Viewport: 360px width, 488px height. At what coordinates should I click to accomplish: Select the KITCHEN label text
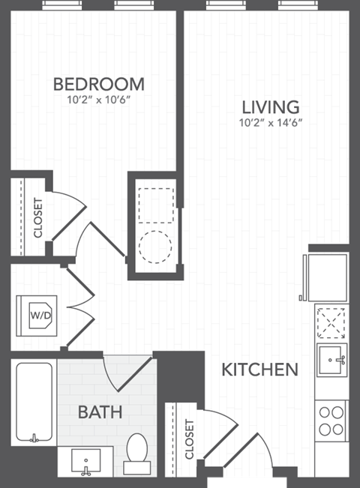(x=260, y=370)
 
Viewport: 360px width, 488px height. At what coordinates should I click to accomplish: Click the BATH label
(x=100, y=412)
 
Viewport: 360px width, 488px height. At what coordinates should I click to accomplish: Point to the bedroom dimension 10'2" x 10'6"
(x=98, y=97)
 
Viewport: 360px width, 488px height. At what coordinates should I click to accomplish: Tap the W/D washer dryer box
(x=40, y=315)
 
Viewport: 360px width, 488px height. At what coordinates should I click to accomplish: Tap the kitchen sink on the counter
(x=331, y=362)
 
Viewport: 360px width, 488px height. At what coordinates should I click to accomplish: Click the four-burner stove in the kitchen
(x=331, y=420)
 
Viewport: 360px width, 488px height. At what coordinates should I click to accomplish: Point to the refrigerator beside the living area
(x=327, y=277)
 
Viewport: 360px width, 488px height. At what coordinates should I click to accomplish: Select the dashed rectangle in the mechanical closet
(x=156, y=199)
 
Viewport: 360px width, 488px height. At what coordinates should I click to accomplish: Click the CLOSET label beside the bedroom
(x=37, y=216)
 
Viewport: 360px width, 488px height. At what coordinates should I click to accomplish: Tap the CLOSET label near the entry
(x=188, y=439)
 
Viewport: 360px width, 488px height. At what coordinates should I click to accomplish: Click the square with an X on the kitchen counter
(x=331, y=324)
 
